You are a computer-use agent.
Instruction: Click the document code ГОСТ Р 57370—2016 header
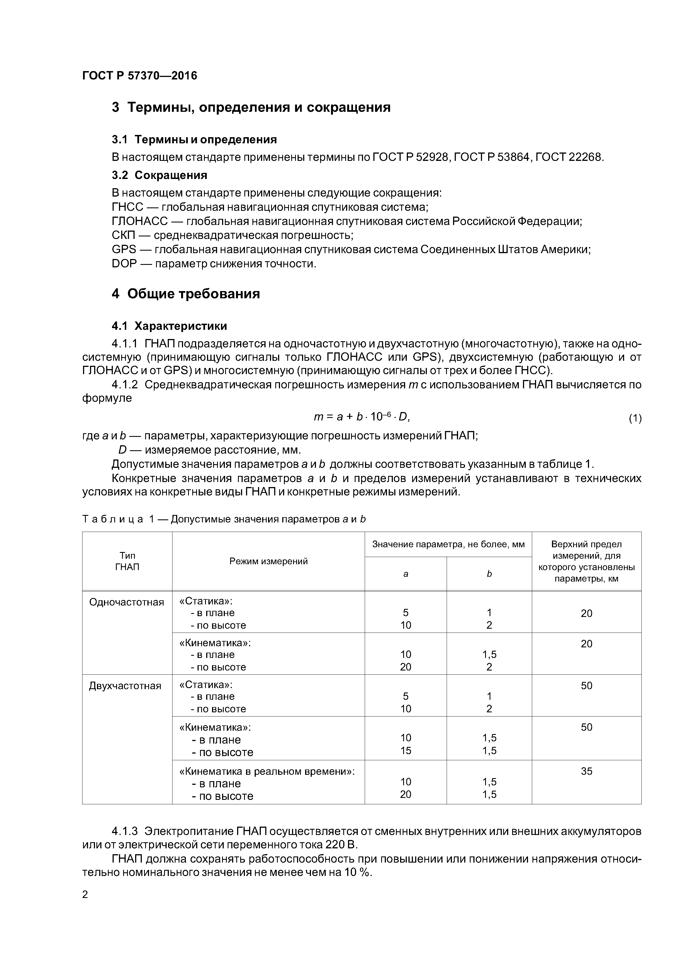pyautogui.click(x=140, y=76)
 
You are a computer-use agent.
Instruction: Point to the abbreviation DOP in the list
pyautogui.click(x=124, y=264)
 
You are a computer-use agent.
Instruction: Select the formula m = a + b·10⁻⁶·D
pyautogui.click(x=361, y=417)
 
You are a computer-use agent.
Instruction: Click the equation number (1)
pyautogui.click(x=635, y=419)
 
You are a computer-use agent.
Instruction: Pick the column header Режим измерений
pyautogui.click(x=268, y=561)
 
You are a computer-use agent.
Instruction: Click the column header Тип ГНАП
pyautogui.click(x=127, y=561)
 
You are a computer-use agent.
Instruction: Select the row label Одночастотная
pyautogui.click(x=126, y=602)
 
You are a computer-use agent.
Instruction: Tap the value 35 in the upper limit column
pyautogui.click(x=586, y=771)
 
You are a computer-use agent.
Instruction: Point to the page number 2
pyautogui.click(x=85, y=895)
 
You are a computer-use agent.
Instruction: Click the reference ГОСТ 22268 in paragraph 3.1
pyautogui.click(x=568, y=157)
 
